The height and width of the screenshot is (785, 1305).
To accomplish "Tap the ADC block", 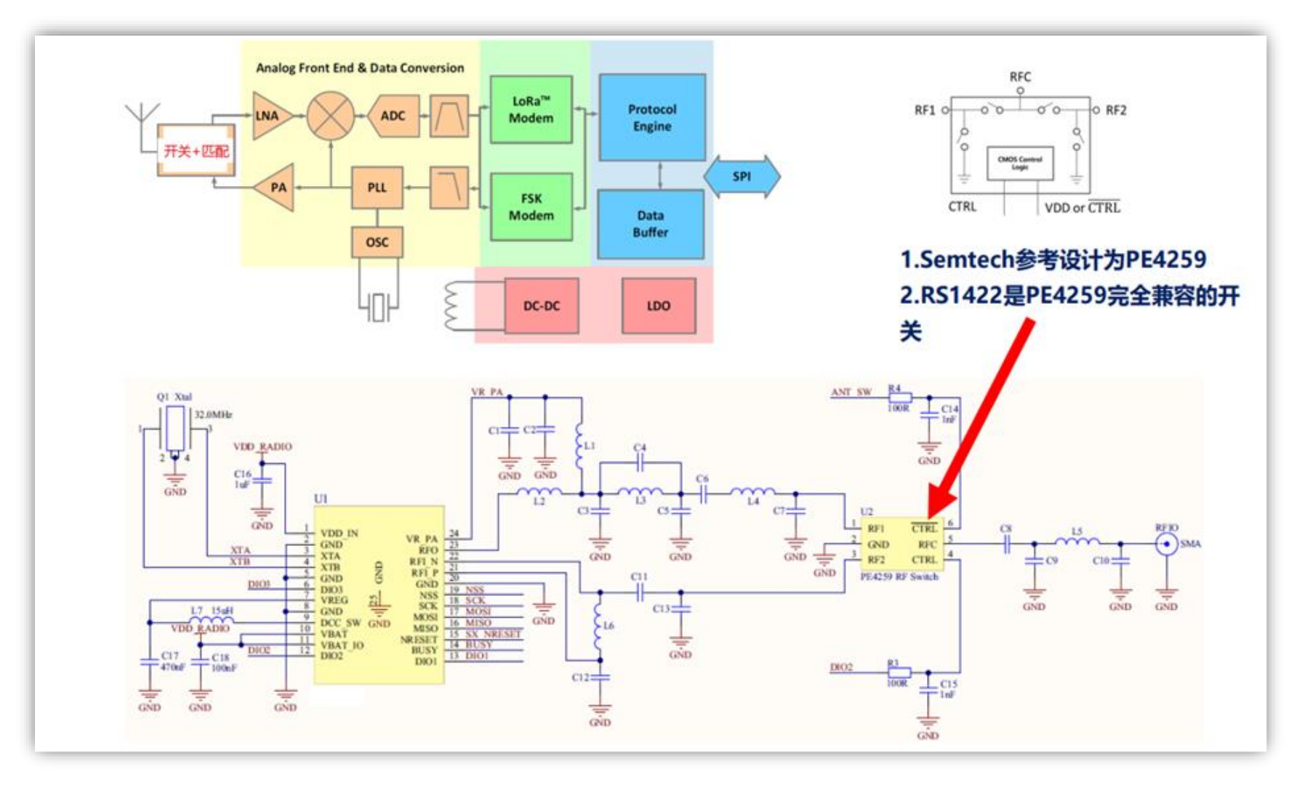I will (x=393, y=116).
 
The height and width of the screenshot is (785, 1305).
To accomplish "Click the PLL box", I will (x=377, y=188).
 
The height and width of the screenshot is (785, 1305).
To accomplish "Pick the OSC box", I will (x=377, y=242).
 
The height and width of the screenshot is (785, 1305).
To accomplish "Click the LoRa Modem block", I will (x=531, y=110).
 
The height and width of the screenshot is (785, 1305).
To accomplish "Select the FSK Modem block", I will (x=531, y=207).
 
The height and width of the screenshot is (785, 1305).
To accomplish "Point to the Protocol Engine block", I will (x=651, y=118).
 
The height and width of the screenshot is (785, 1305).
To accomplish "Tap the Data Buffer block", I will (x=650, y=224).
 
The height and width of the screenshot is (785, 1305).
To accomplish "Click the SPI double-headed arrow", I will (x=742, y=176).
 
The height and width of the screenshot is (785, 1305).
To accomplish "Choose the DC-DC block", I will (x=542, y=306).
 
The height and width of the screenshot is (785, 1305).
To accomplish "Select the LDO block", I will (x=658, y=306).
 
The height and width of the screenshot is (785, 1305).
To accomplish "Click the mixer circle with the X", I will (x=331, y=116).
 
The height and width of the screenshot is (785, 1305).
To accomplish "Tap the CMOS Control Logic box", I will (x=1019, y=163).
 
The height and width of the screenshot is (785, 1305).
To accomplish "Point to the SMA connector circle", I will (x=1166, y=544).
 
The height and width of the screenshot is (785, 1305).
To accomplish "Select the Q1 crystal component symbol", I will (x=175, y=430).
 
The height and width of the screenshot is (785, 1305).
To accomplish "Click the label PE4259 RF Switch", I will (x=899, y=576).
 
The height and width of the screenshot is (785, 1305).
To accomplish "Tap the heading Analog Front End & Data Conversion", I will (x=360, y=68).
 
